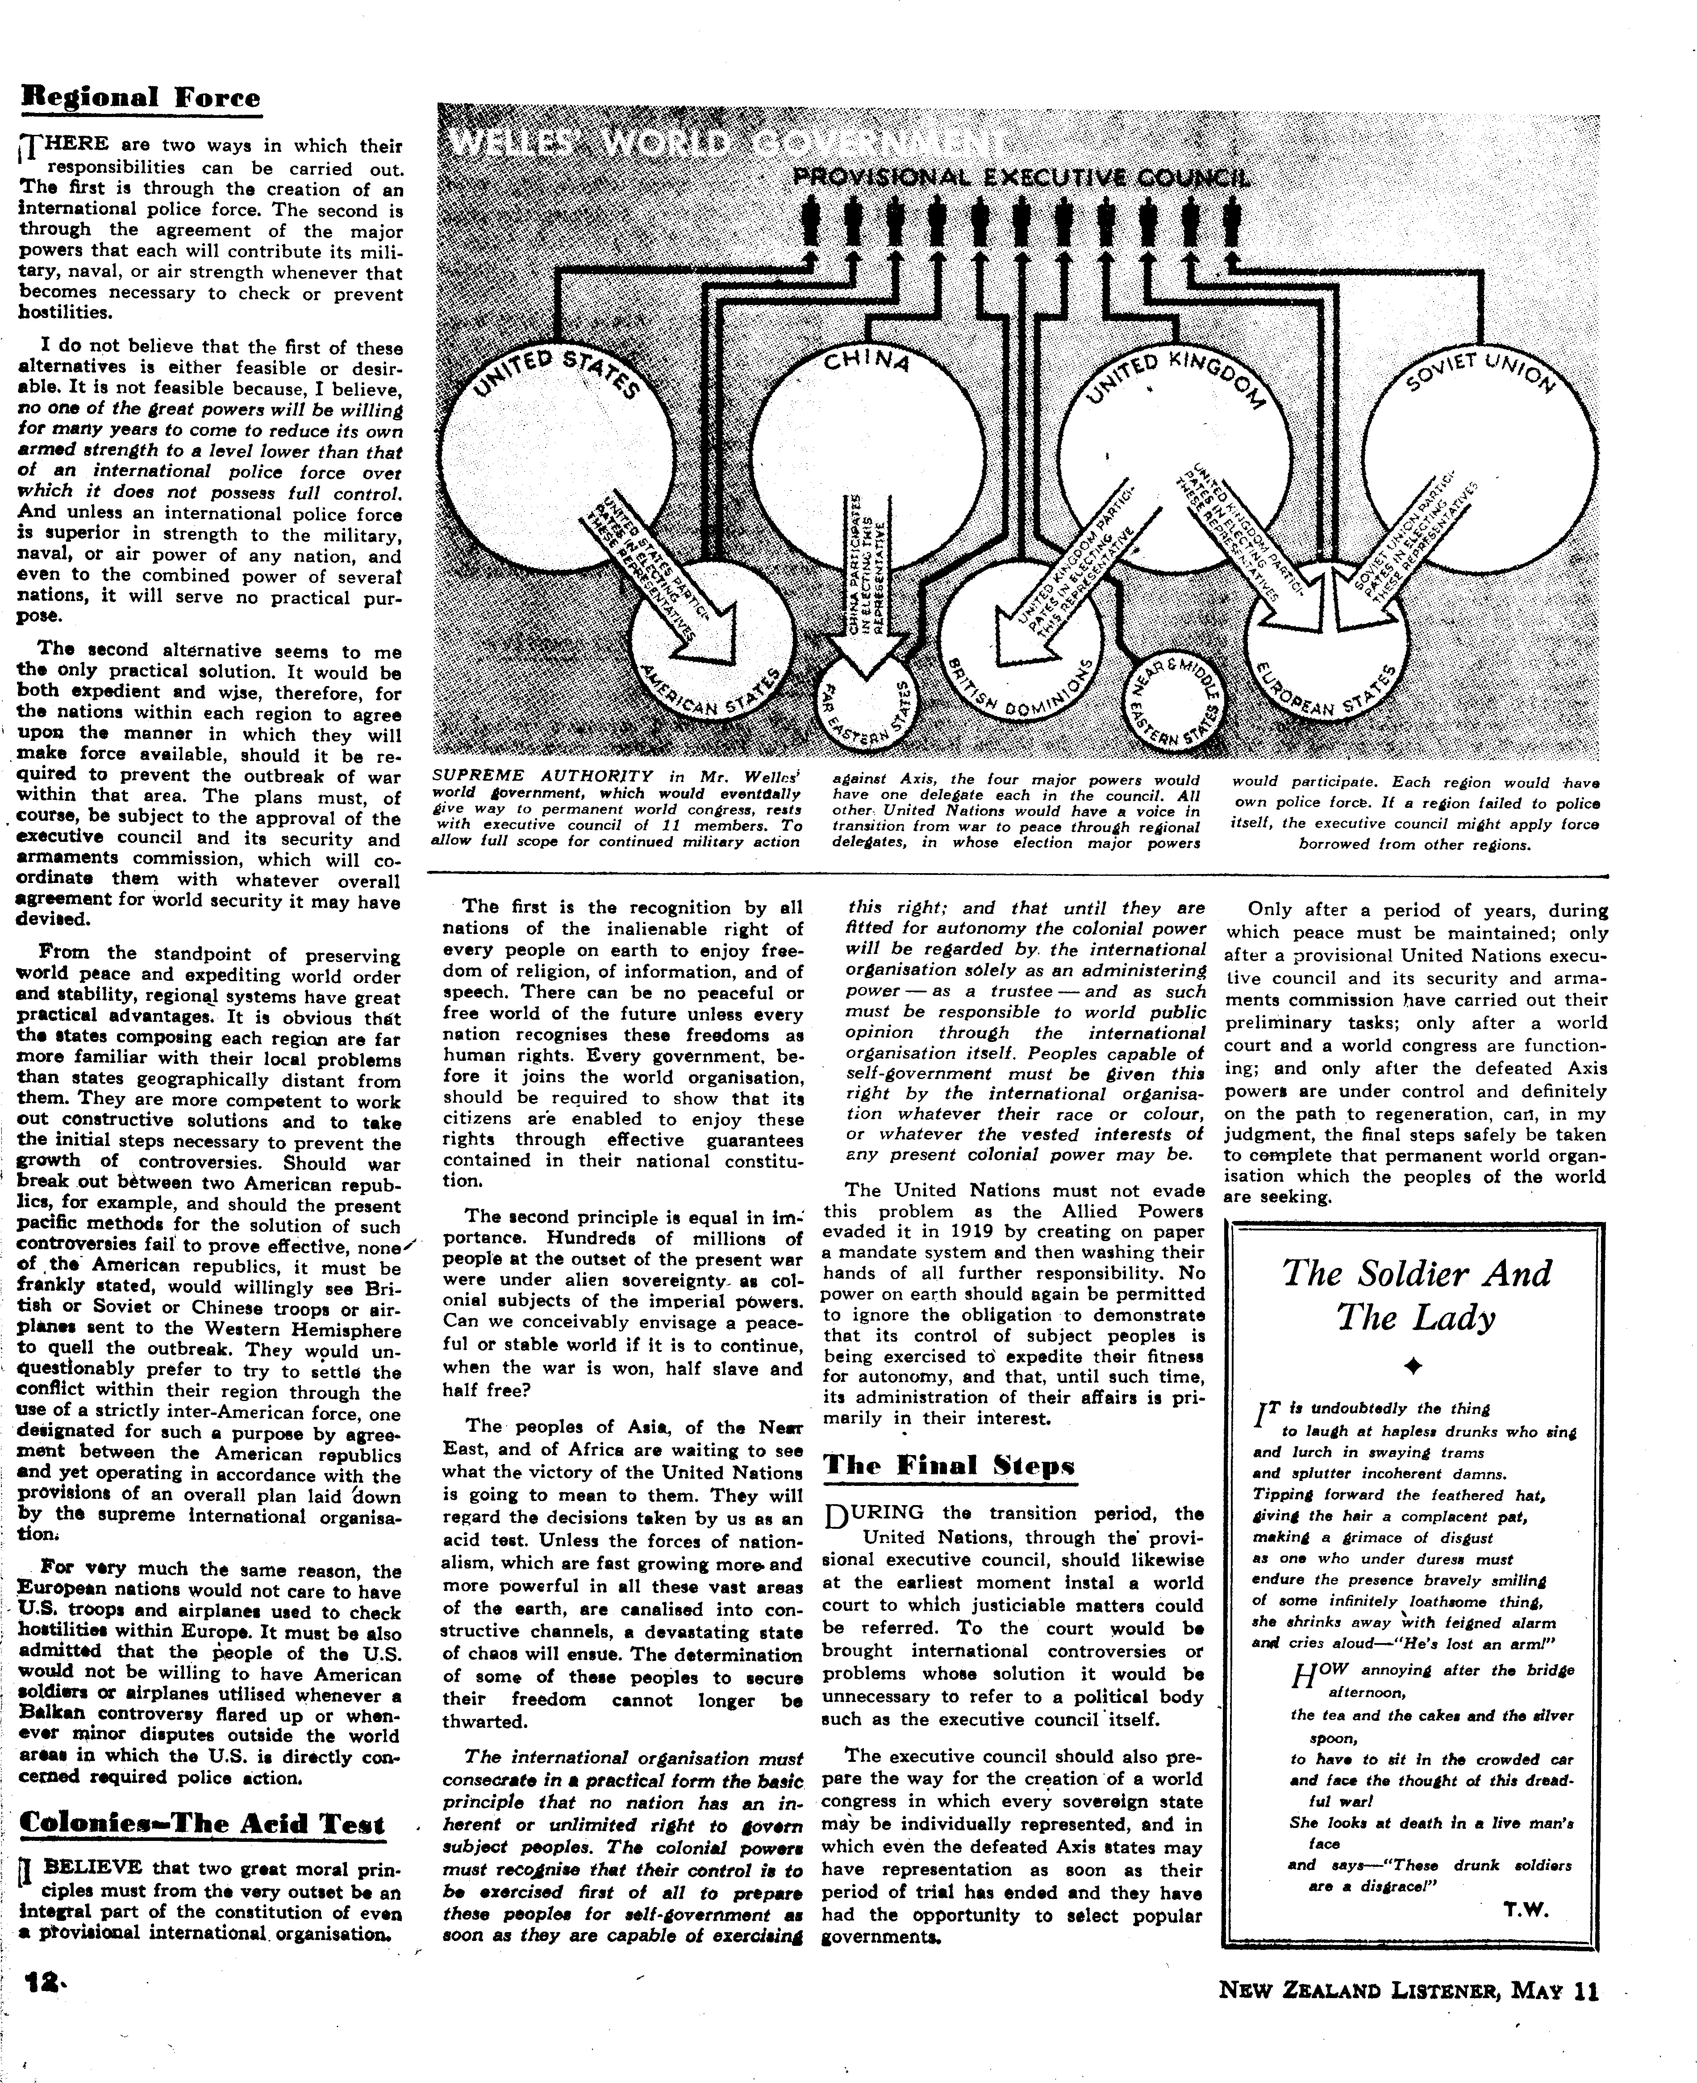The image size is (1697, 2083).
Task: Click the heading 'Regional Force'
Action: (x=142, y=98)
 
